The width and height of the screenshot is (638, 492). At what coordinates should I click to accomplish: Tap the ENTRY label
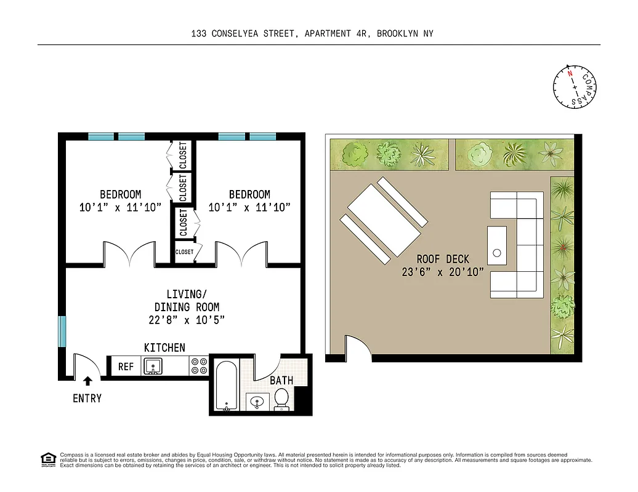(x=87, y=399)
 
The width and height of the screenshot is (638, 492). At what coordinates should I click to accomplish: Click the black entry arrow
(x=87, y=381)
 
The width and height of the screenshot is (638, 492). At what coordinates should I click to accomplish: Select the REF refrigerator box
(x=126, y=367)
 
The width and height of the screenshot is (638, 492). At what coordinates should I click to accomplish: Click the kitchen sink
(x=153, y=367)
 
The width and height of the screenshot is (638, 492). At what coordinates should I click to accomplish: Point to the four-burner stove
(x=199, y=367)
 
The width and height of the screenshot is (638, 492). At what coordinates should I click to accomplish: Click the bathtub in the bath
(x=226, y=386)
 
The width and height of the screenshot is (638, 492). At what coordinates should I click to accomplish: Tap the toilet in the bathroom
(x=282, y=398)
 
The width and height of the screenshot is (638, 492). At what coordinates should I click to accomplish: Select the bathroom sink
(x=256, y=403)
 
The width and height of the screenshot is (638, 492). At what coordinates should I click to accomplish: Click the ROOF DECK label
(x=443, y=260)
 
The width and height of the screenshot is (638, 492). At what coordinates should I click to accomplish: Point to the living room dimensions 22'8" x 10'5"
(x=186, y=320)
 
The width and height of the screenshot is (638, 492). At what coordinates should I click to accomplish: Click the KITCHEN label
(x=164, y=348)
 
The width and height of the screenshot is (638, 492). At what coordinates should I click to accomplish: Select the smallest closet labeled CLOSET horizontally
(x=184, y=252)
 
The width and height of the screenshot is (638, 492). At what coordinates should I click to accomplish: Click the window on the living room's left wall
(x=62, y=331)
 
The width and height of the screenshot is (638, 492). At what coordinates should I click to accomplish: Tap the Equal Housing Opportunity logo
(x=47, y=459)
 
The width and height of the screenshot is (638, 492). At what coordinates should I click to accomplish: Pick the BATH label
(x=281, y=381)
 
